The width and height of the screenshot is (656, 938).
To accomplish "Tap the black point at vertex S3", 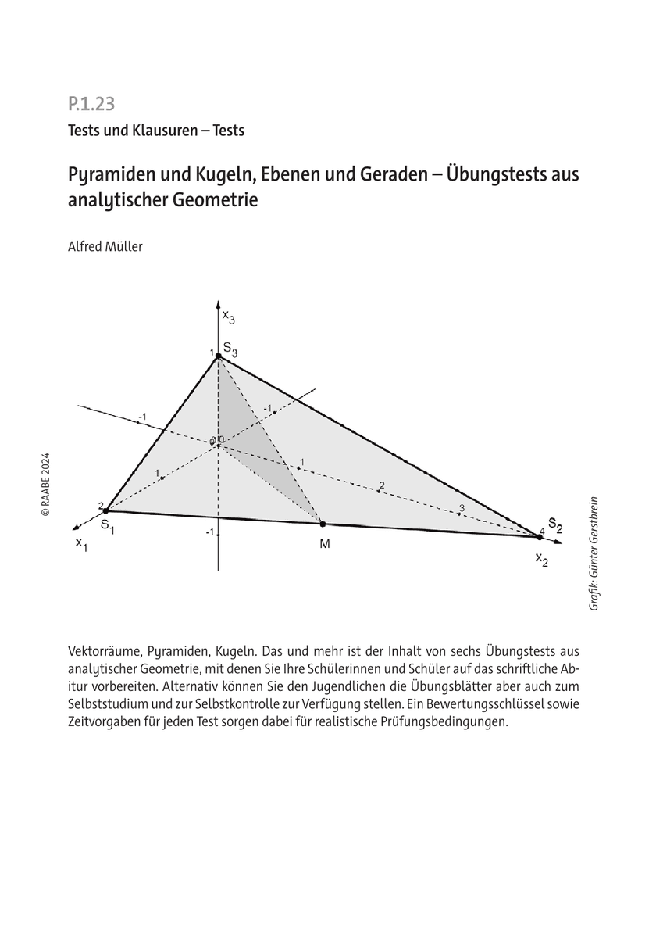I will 219,356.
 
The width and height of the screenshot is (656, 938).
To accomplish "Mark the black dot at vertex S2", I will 540,536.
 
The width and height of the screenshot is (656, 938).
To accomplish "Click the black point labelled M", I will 323,524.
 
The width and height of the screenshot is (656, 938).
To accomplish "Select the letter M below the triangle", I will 324,544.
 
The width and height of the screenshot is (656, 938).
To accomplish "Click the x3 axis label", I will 228,317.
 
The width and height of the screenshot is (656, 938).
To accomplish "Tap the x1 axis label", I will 81,544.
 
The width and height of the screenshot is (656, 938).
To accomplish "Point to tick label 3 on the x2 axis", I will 462,508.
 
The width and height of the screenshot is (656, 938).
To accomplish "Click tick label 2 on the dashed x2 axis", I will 381,485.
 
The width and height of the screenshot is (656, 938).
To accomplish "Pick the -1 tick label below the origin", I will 209,532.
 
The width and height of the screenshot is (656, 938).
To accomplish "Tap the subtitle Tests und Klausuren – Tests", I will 155,131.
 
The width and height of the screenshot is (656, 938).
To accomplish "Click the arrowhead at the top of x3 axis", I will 218,303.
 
